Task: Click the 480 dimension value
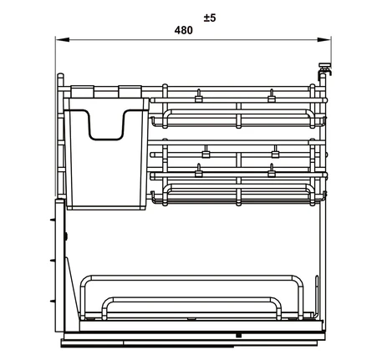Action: click(183, 30)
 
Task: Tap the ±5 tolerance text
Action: click(210, 18)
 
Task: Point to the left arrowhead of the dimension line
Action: click(63, 40)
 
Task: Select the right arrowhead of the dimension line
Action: click(323, 40)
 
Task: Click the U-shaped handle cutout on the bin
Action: click(106, 139)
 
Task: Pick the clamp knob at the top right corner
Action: click(324, 69)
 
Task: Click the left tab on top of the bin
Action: click(82, 92)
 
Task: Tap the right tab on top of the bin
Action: click(130, 92)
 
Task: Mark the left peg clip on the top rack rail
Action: click(198, 96)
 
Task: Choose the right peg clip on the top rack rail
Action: click(272, 96)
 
